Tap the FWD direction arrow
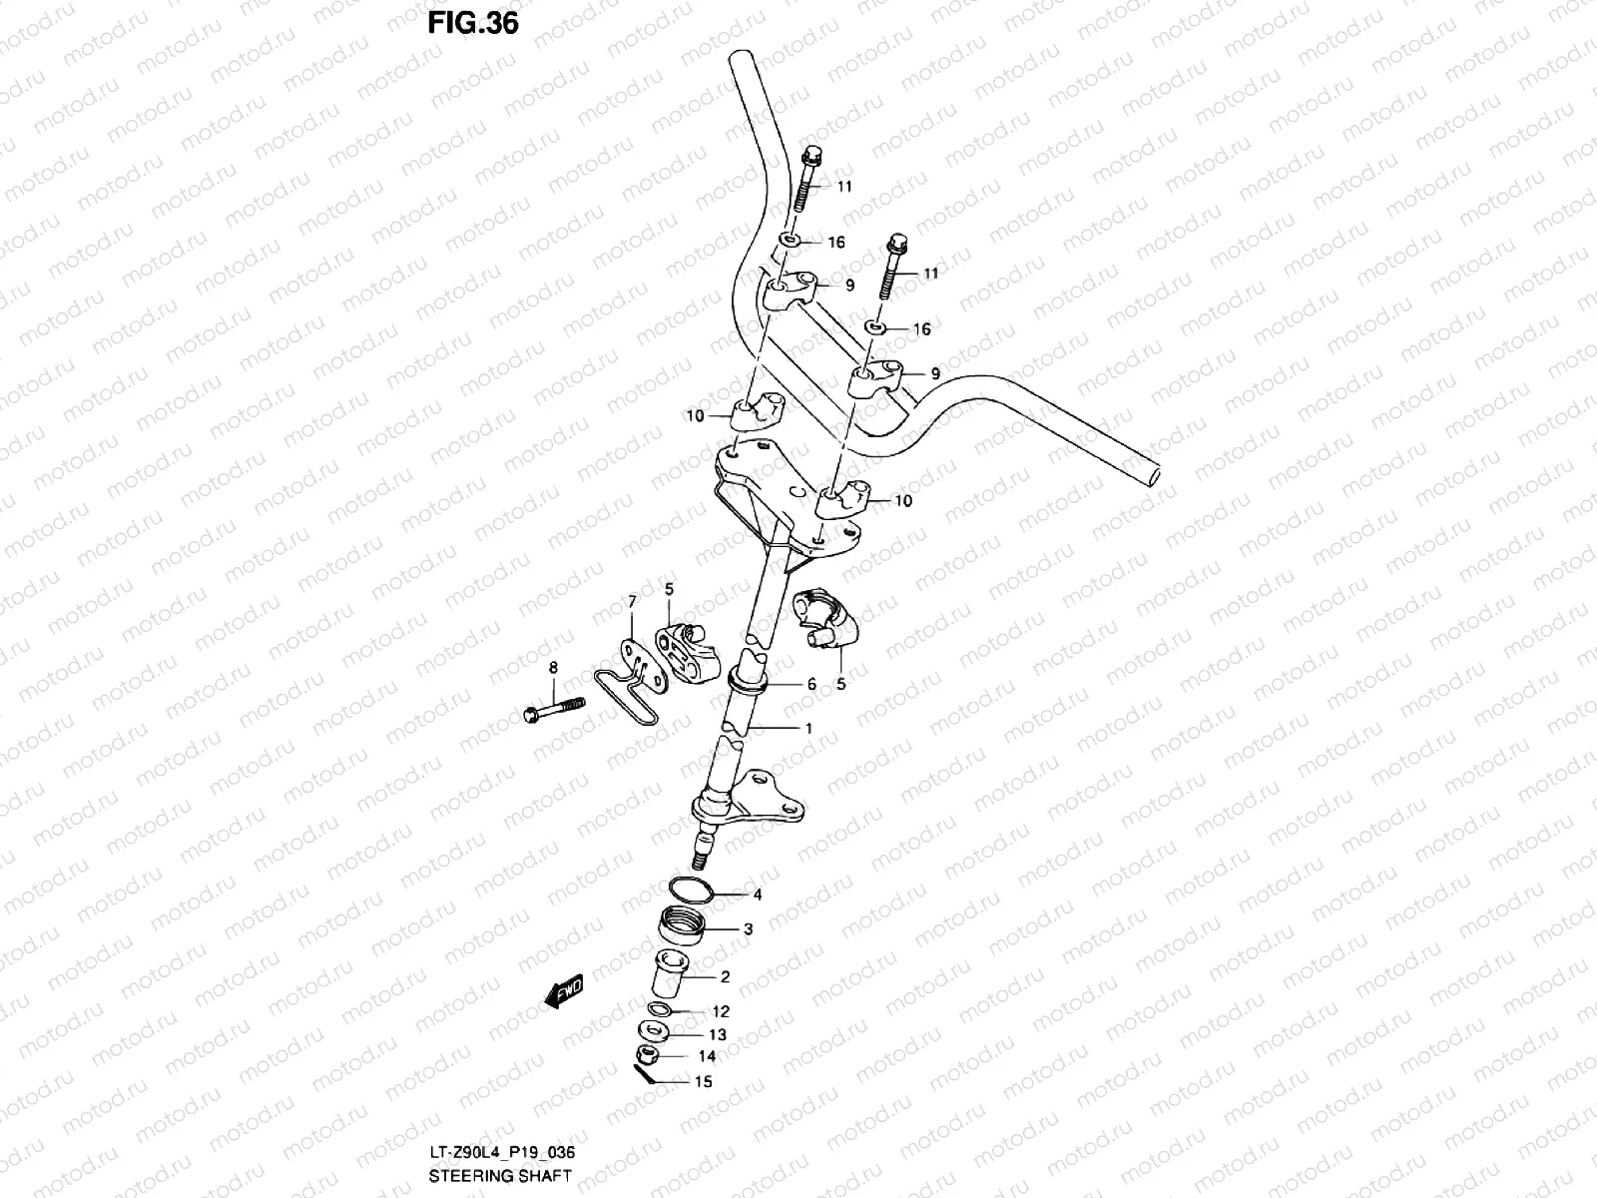click(564, 991)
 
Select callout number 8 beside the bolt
click(553, 668)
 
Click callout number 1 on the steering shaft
click(808, 728)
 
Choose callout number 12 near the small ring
click(721, 1011)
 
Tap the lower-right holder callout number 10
click(902, 501)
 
